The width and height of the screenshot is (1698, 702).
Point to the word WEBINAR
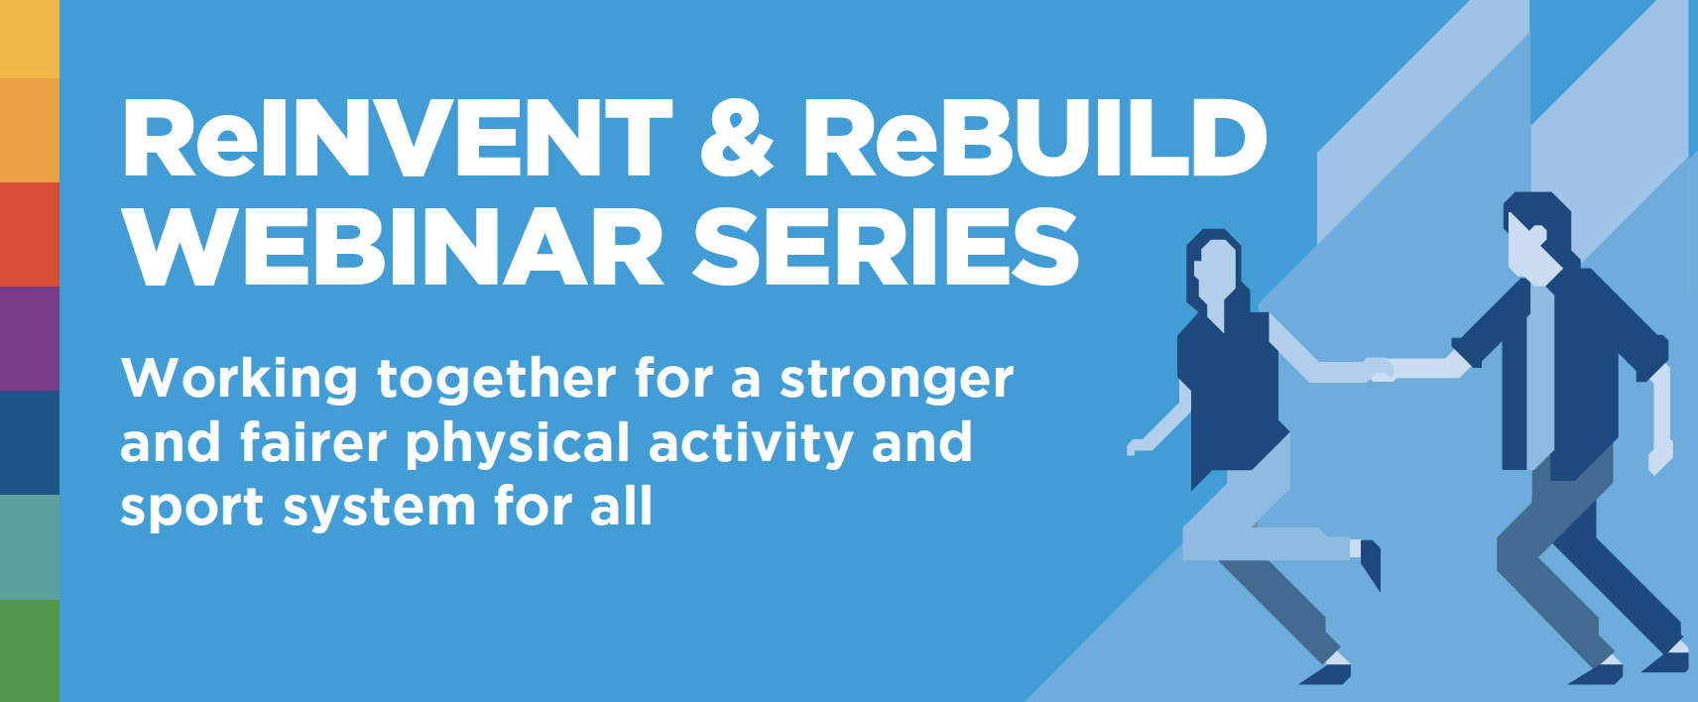coord(393,246)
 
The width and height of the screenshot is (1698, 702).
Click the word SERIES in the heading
coord(886,246)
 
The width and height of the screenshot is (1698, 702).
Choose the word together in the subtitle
coord(497,378)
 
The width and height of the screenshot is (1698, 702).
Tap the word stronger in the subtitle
coord(897,379)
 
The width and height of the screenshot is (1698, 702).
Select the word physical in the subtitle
coord(518,443)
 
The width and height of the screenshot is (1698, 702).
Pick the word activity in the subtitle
coord(751,443)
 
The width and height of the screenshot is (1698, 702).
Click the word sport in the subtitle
coord(191,508)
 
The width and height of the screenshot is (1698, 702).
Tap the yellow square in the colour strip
coord(30,39)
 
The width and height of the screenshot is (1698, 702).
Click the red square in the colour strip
coord(30,234)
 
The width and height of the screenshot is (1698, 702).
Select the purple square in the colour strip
coord(30,338)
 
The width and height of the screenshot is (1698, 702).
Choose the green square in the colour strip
coord(30,650)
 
